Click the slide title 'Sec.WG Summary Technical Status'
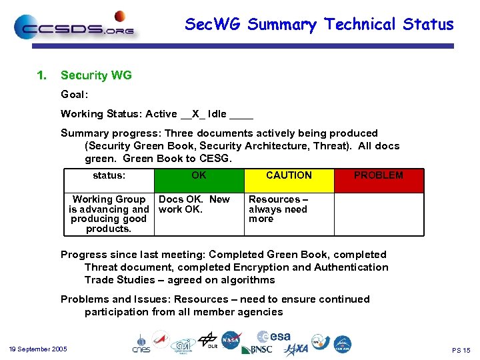click(319, 25)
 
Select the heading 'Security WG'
click(96, 75)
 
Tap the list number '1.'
click(42, 75)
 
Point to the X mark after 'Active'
click(195, 114)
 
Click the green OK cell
click(199, 180)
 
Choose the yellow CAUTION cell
click(289, 180)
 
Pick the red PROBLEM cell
click(378, 180)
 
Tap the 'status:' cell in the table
click(109, 176)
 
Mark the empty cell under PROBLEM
click(378, 213)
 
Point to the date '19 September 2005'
click(38, 349)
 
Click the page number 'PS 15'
click(461, 350)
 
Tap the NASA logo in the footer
click(231, 340)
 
